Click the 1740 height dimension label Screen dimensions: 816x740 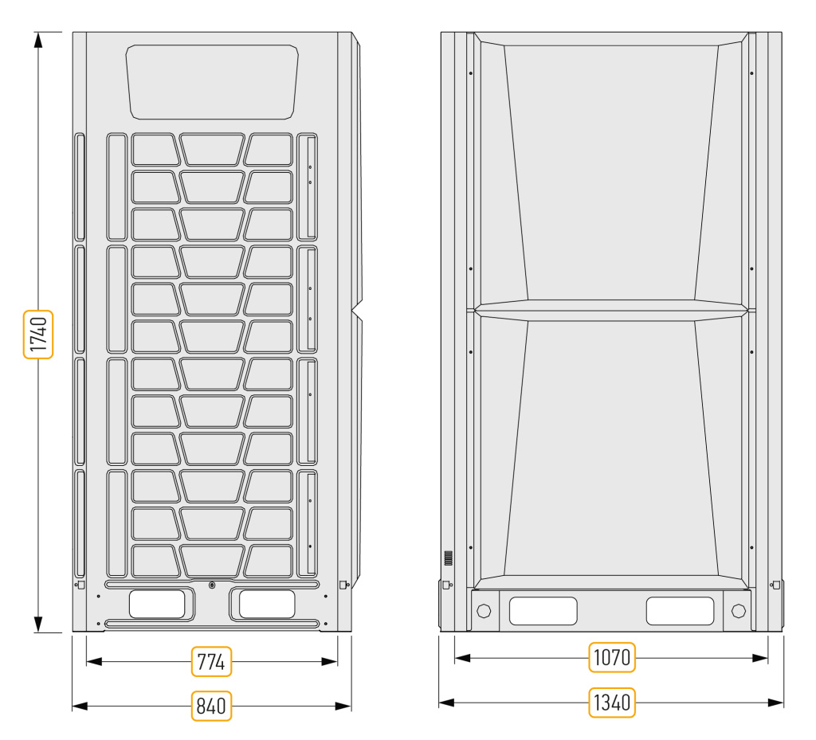point(38,335)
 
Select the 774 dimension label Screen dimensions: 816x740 point(211,661)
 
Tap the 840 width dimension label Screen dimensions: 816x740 point(211,706)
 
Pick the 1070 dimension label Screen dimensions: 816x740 point(612,657)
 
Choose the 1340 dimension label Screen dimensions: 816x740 point(612,702)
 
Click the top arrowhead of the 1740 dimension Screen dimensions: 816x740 point(38,40)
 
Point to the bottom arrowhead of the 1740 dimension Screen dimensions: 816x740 point(38,624)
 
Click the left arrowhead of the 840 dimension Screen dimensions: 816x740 point(80,706)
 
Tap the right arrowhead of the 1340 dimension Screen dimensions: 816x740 point(775,703)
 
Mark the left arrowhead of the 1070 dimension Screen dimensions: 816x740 point(463,658)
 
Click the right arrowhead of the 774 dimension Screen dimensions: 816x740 point(329,661)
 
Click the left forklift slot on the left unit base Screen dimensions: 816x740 point(157,604)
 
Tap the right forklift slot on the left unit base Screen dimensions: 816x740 point(267,604)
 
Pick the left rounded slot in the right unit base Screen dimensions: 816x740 point(543,611)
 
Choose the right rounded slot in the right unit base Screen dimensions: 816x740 point(680,611)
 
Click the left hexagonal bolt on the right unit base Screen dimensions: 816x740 point(484,610)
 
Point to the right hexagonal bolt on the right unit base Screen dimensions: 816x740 point(739,610)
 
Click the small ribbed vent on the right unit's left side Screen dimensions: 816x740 point(448,558)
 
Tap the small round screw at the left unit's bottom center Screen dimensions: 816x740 point(212,585)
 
